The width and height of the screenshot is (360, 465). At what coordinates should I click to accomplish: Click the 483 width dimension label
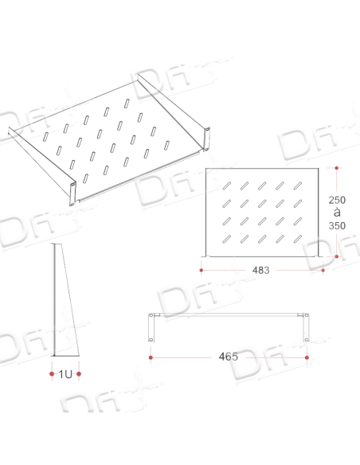click(260, 270)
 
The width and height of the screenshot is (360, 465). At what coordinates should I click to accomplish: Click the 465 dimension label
click(229, 357)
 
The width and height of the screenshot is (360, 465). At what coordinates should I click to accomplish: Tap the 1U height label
click(65, 374)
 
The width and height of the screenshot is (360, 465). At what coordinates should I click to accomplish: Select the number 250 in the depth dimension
click(337, 200)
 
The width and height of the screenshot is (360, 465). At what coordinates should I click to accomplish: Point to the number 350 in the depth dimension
click(337, 225)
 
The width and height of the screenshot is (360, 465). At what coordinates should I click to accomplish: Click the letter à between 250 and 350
click(337, 213)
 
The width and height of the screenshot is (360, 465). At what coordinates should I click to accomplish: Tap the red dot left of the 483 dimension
click(202, 270)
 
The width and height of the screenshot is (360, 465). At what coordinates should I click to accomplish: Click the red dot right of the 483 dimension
click(323, 270)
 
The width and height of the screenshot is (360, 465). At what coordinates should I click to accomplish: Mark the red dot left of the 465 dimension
click(151, 358)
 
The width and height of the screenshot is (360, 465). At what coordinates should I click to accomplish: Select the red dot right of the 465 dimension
click(307, 358)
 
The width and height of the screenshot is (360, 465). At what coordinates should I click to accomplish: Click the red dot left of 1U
click(52, 374)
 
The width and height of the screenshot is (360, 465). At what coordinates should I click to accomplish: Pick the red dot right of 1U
click(79, 374)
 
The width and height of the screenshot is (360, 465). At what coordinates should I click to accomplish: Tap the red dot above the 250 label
click(337, 168)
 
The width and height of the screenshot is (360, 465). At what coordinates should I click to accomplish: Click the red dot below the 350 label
click(337, 256)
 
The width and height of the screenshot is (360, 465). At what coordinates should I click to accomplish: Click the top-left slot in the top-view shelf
click(226, 186)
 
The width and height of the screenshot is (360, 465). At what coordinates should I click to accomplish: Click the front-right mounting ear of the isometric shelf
click(207, 139)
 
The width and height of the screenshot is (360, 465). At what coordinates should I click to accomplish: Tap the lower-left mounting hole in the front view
click(151, 339)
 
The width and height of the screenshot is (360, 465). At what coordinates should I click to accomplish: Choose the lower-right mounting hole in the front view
click(307, 339)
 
